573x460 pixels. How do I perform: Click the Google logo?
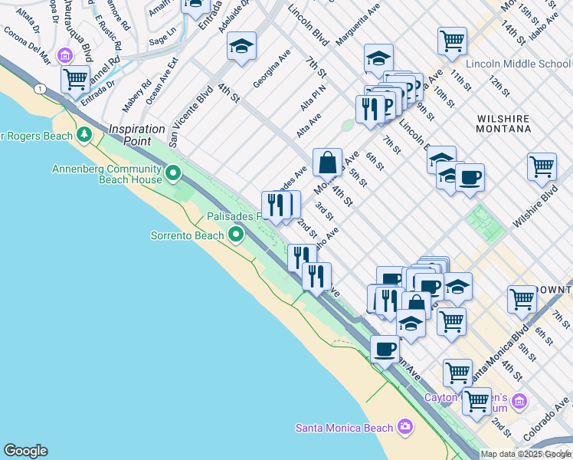[25, 451]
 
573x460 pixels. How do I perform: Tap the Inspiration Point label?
[137, 135]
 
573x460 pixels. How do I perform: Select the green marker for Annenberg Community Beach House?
[173, 174]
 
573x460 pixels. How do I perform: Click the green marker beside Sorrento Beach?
[236, 235]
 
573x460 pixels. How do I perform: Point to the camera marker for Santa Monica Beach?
[404, 427]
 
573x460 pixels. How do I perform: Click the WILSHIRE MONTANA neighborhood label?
[503, 123]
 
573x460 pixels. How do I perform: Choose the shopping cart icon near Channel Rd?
[75, 79]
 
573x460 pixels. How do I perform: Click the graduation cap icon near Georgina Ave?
[241, 48]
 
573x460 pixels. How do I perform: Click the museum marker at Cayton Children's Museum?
[519, 402]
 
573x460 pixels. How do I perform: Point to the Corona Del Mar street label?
[27, 45]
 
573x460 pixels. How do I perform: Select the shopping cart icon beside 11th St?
[452, 40]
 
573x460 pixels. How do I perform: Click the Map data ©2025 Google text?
[526, 454]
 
